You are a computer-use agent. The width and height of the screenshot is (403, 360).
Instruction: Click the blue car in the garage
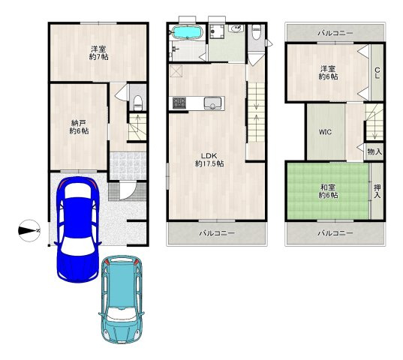coord(77,229)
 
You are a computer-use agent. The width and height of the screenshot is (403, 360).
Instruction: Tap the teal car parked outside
coord(122,299)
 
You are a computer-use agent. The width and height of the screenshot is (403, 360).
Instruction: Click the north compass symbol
coord(29,230)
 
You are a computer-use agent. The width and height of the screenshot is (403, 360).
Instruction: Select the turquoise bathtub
coord(188,32)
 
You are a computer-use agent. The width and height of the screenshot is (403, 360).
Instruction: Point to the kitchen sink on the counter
coord(212,103)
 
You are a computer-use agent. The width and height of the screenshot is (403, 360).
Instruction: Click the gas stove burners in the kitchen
coord(179,103)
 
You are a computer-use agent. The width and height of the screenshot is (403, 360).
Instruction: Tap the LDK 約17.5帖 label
coord(209,160)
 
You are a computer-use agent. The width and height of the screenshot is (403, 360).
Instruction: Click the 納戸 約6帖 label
coord(79,127)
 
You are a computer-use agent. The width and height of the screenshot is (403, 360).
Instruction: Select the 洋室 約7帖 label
coord(98,52)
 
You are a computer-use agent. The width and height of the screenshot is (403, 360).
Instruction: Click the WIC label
coord(325,132)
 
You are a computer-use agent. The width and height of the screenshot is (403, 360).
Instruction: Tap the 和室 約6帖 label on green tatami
coord(328,191)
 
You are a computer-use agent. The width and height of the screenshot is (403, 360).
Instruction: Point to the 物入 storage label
coord(374,151)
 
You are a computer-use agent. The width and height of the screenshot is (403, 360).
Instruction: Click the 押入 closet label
coord(377,191)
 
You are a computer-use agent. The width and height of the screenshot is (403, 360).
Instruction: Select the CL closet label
coord(377,73)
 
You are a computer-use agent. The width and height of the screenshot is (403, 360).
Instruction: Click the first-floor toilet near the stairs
coord(138,103)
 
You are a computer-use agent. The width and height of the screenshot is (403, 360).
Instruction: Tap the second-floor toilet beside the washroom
coord(256,31)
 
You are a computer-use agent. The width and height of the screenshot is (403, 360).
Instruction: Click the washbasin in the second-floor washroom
coord(236,28)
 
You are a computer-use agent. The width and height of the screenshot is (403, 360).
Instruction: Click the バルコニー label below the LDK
coord(217,233)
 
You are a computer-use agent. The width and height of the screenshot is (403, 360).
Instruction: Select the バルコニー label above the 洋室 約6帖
coord(335,33)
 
